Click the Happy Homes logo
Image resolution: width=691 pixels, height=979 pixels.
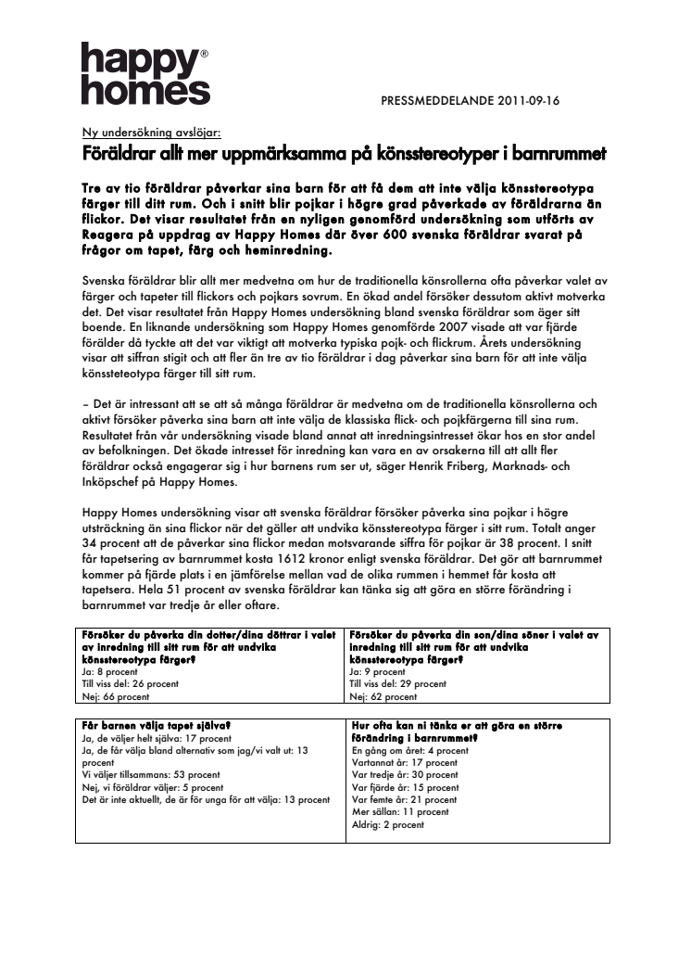(144, 73)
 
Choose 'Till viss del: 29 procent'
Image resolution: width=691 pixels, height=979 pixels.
(398, 684)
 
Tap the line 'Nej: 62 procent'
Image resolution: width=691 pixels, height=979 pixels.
(383, 696)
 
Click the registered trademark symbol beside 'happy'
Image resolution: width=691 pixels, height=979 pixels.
(205, 55)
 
